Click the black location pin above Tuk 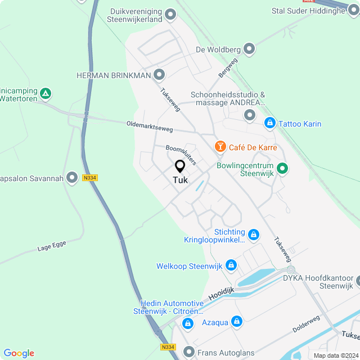(x=180, y=166)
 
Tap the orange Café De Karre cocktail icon (x=220, y=147)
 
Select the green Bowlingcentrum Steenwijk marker (x=283, y=168)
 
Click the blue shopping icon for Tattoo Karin (x=270, y=123)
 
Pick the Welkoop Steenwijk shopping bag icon (x=231, y=265)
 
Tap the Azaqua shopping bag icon (x=237, y=322)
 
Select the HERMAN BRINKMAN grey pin (x=160, y=74)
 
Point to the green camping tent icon (x=47, y=93)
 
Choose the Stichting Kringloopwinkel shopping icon (x=254, y=234)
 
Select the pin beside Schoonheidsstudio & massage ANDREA (x=250, y=115)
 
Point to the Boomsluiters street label (x=181, y=155)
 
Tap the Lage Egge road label (x=52, y=246)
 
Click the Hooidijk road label (x=220, y=292)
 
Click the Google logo (x=19, y=353)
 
